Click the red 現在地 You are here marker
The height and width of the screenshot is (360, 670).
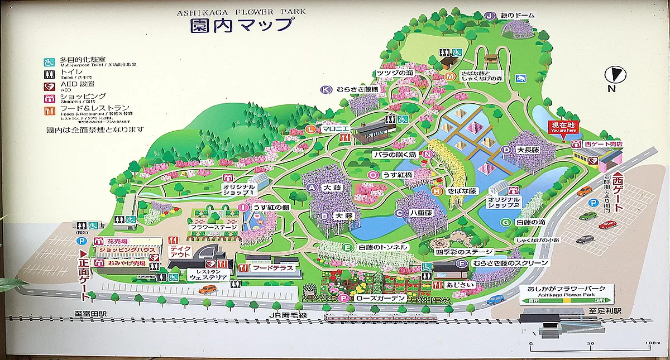tap(563, 127)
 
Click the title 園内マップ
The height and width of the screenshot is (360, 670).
tap(241, 25)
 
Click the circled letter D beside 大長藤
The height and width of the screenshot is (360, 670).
tap(505, 150)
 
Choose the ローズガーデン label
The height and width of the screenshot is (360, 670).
tap(381, 299)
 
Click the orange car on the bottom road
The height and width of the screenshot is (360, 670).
tap(207, 289)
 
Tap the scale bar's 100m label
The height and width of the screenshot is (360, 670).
tap(652, 343)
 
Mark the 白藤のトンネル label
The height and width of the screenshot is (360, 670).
tap(383, 247)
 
